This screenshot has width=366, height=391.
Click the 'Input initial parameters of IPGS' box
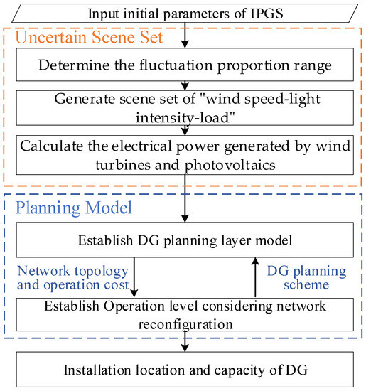tap(183, 13)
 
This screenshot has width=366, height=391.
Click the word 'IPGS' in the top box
tap(265, 13)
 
